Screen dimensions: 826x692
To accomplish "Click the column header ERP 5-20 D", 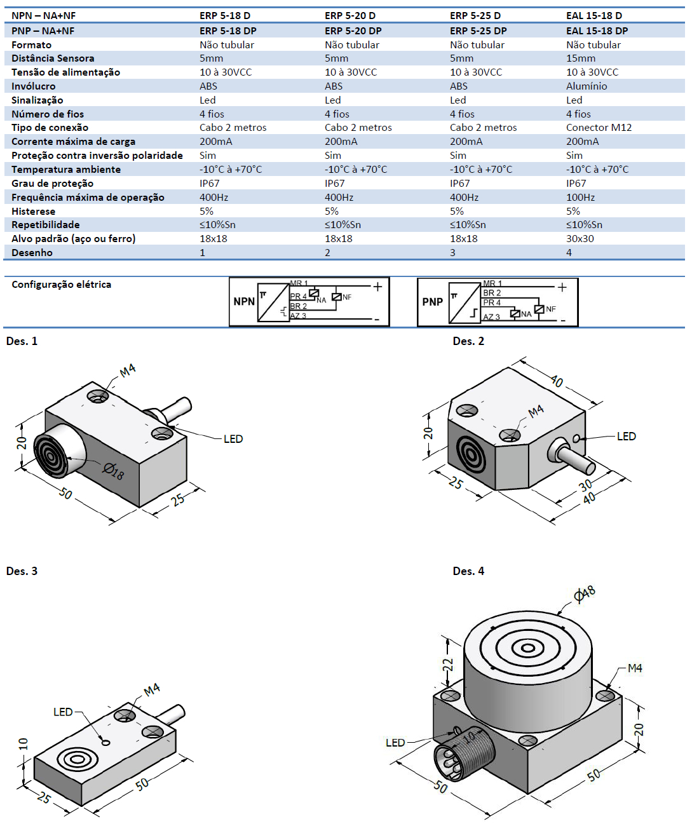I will [349, 15].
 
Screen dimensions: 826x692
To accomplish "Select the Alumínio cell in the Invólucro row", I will [587, 86].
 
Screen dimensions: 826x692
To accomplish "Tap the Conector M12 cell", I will [599, 128].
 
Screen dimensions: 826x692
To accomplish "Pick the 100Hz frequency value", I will [580, 198].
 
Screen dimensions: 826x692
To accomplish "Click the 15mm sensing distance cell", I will [580, 58].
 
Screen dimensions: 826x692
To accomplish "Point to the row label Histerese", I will [33, 212].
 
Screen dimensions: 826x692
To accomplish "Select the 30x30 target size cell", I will [580, 239].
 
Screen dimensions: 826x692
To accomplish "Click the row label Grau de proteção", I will [52, 184].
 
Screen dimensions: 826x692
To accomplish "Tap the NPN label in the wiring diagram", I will [244, 302].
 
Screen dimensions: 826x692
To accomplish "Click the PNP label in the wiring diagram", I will [432, 302].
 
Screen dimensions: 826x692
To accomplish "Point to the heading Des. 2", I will [468, 341].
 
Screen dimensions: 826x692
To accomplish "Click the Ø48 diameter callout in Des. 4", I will [584, 594].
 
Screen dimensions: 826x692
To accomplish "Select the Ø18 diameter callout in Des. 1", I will [114, 471].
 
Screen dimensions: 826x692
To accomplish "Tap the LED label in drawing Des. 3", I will [63, 712].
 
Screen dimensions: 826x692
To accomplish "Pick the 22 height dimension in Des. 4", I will [448, 665].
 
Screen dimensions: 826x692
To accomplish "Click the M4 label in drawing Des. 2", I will [536, 411].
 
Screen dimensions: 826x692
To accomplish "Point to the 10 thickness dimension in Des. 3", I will [24, 743].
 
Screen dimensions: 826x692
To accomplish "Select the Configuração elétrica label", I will [61, 285].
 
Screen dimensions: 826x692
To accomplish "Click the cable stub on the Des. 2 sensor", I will [575, 459].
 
